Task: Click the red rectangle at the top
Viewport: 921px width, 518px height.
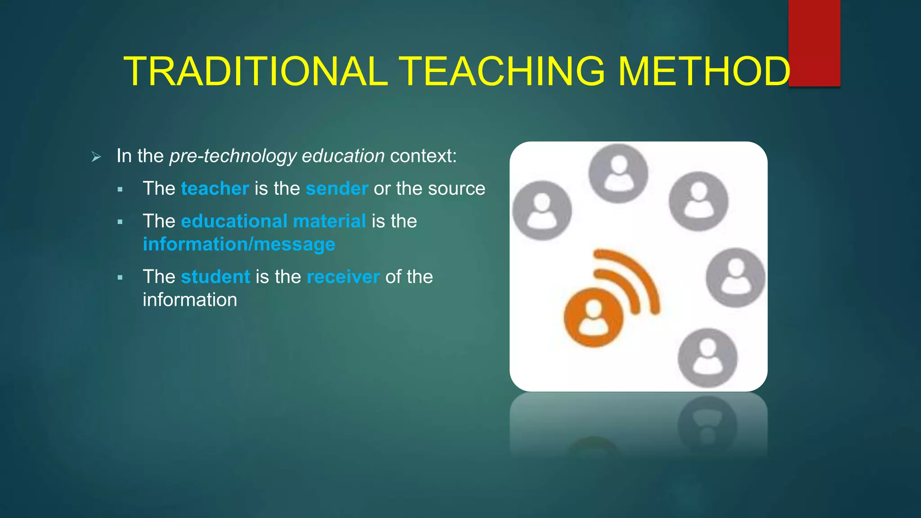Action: click(814, 43)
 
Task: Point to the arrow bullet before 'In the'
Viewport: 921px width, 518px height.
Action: click(96, 157)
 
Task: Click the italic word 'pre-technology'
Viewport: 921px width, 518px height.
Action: click(233, 156)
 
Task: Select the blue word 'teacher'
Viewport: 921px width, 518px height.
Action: click(215, 188)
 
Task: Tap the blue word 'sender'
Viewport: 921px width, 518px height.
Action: click(337, 188)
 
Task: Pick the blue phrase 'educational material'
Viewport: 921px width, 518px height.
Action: click(273, 221)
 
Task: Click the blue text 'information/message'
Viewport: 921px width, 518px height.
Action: click(239, 244)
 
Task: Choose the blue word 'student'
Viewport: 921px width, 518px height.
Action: click(215, 277)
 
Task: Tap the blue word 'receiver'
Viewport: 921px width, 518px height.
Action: click(343, 277)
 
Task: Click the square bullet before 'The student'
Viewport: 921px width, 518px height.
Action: click(120, 278)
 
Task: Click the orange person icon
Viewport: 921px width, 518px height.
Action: click(594, 317)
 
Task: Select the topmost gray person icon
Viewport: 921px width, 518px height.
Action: click(618, 173)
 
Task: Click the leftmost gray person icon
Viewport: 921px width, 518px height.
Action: click(542, 210)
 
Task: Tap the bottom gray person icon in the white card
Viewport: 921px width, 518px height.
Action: click(707, 357)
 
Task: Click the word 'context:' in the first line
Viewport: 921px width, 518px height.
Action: click(423, 156)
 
